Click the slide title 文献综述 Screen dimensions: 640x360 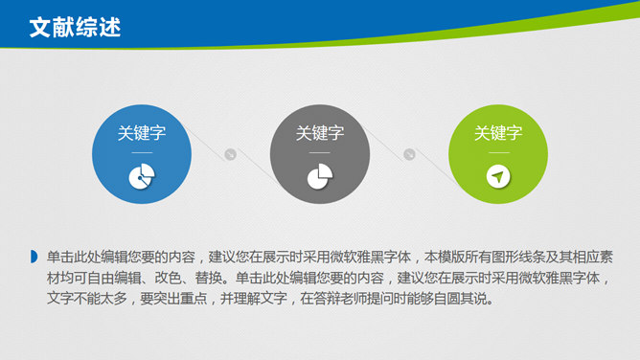tap(75, 28)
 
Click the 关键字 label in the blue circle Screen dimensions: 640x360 tap(142, 133)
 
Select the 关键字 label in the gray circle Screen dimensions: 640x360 tap(320, 133)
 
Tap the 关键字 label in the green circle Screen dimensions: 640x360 tap(498, 133)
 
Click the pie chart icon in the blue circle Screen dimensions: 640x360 tap(142, 176)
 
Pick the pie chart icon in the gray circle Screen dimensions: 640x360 tap(320, 176)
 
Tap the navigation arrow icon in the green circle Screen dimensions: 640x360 tap(498, 176)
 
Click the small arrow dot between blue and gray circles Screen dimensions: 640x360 tap(231, 154)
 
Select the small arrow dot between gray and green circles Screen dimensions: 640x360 tap(409, 154)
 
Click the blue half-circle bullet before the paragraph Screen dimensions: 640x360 tap(34, 257)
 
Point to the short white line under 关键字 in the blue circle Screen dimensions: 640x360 tap(142, 152)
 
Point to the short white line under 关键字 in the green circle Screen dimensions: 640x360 tap(498, 152)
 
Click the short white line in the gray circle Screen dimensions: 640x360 tap(320, 152)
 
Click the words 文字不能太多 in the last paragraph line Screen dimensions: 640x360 tap(87, 299)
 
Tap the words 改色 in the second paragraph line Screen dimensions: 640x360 tap(168, 278)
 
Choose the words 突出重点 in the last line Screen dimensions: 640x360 tap(180, 299)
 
